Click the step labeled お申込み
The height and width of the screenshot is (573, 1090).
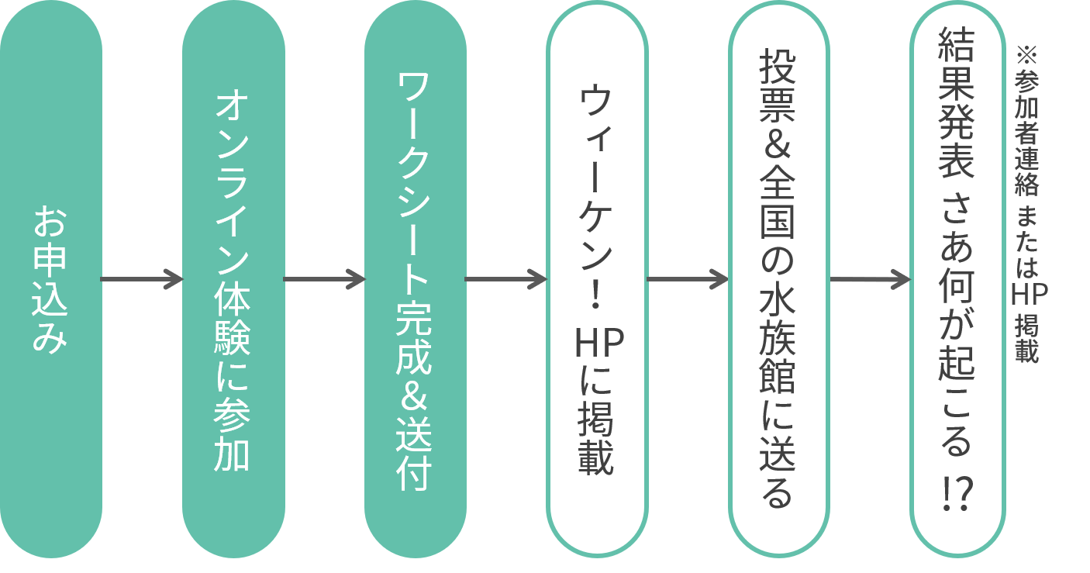(50, 279)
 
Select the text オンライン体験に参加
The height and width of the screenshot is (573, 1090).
(233, 281)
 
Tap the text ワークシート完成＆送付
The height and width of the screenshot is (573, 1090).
(414, 281)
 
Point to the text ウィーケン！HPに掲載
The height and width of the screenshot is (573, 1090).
(596, 279)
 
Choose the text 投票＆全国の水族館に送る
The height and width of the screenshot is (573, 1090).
(778, 278)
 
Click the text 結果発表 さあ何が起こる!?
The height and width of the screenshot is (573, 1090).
(956, 269)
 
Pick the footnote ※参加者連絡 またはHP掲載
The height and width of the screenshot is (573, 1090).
(1028, 205)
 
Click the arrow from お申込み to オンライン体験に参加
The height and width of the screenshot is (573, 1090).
(142, 279)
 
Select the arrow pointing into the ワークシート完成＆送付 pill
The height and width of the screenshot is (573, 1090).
(324, 279)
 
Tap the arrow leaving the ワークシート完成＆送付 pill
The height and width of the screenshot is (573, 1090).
(506, 279)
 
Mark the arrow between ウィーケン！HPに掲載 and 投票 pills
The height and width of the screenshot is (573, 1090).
(688, 279)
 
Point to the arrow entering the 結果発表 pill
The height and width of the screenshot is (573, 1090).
(870, 279)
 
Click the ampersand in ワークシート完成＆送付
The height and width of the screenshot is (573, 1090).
(414, 397)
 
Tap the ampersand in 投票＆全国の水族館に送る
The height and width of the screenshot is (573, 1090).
(778, 146)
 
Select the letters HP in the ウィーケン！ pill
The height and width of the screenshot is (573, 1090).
(599, 343)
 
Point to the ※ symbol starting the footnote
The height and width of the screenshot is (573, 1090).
(1026, 55)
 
